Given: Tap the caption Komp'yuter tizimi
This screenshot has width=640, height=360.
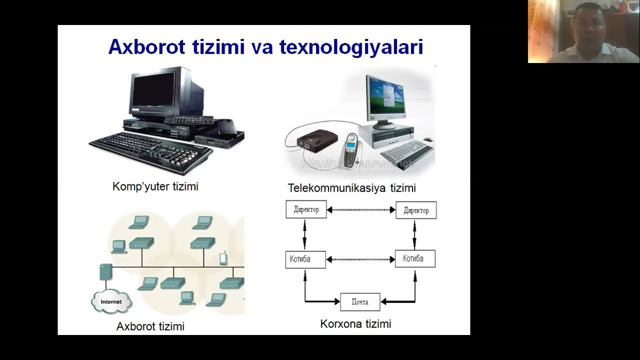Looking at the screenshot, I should click(155, 186).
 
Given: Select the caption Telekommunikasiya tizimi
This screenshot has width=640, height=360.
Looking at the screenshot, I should click(351, 188).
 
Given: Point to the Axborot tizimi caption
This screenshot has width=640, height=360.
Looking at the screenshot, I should click(150, 326).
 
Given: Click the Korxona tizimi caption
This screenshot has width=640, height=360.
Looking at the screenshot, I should click(355, 324).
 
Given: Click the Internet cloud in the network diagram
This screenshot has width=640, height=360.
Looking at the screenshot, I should click(111, 301).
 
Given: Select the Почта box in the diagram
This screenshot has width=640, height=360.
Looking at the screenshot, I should click(360, 301).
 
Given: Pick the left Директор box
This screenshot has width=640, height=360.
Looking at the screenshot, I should click(306, 209).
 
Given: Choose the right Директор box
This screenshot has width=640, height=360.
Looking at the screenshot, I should click(416, 210).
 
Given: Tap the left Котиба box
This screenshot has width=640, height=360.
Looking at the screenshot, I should click(305, 259).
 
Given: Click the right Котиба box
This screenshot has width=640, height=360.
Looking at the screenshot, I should click(415, 258).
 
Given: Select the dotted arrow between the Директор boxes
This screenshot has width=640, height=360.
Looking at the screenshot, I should click(361, 210).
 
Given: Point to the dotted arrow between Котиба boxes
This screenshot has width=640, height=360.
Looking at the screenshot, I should click(360, 259).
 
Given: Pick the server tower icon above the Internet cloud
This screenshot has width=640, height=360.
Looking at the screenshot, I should click(105, 272).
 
